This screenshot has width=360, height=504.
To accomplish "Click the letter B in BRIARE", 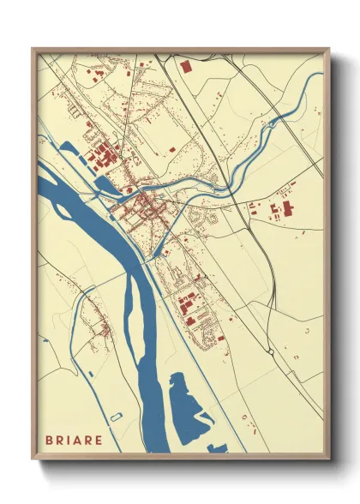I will [x=51, y=440].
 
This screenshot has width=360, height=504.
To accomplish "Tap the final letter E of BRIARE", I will [x=111, y=440].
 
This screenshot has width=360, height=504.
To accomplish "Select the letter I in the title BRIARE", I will [x=75, y=440].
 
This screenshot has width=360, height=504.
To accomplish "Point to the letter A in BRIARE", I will [x=86, y=440].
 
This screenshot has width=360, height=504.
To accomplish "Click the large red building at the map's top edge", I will [x=185, y=64].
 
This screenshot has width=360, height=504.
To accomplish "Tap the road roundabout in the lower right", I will [x=272, y=351].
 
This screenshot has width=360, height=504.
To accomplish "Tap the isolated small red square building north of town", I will [x=172, y=150].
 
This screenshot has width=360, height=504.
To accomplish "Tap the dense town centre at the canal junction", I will [x=146, y=206].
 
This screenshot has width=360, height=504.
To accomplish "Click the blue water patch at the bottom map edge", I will [x=216, y=447].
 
